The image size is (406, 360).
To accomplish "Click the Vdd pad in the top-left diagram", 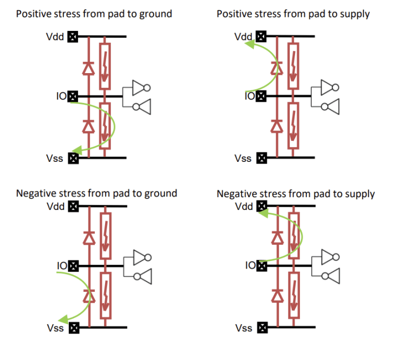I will [73, 37].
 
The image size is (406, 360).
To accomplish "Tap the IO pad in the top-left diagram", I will [73, 96].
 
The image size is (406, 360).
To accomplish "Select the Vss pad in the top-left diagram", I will [73, 158].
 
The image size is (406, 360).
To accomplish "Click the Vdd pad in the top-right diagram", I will [261, 37].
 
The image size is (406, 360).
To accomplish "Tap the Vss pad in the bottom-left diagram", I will [73, 328].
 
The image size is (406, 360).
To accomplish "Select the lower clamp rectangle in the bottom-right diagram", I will [293, 296].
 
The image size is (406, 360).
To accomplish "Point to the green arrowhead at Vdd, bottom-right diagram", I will [264, 214].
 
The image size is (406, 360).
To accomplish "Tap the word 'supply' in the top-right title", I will [355, 14].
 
